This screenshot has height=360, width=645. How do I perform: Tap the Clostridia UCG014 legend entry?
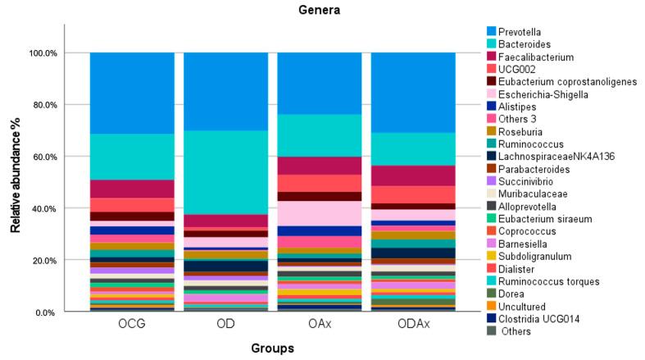[x=543, y=318]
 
